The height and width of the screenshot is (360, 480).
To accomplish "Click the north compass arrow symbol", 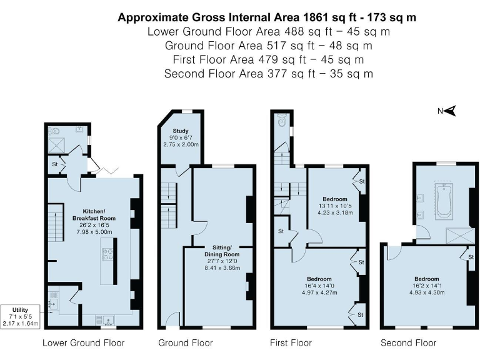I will (x=449, y=111).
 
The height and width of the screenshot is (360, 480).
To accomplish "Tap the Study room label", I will (x=181, y=131).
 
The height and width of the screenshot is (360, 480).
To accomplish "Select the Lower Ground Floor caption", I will (x=83, y=342).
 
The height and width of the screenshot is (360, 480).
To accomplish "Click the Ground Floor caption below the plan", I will (x=186, y=342).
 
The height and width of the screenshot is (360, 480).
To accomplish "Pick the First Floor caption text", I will (x=291, y=342).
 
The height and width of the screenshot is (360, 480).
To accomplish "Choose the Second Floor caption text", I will (x=409, y=342).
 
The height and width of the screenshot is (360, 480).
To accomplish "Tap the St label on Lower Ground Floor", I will (x=54, y=164).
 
